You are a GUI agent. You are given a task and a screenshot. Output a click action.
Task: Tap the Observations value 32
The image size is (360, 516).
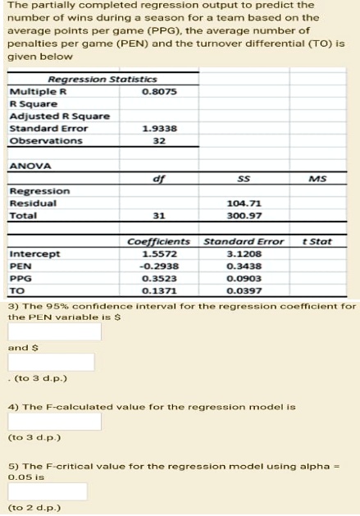click(x=159, y=141)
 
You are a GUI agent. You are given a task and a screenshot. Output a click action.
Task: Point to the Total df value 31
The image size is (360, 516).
click(x=159, y=216)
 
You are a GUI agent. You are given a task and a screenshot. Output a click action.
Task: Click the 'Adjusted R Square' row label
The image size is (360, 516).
click(x=59, y=116)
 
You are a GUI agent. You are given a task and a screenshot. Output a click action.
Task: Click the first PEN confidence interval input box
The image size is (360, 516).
click(x=55, y=331)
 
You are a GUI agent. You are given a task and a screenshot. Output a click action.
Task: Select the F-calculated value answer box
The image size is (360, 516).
click(x=55, y=422)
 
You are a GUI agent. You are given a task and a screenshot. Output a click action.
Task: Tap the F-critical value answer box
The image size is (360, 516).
click(x=48, y=491)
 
